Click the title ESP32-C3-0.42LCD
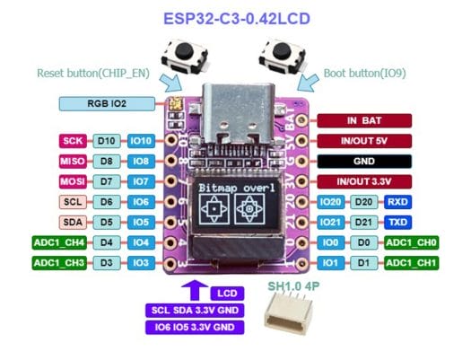coord(237,19)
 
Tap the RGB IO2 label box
coord(107,103)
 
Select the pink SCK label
coord(73,141)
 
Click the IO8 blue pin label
coord(141,161)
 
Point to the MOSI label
coord(73,181)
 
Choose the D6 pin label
coord(107,202)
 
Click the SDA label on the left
coord(73,223)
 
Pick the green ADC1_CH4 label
coord(59,242)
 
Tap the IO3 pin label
coord(141,263)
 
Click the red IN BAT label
coord(364,120)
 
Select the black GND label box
coord(364,162)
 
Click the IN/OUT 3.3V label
coord(364,181)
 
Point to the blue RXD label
coord(397,202)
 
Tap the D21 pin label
coord(363,223)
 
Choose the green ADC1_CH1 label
coord(411,263)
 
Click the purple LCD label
coord(227,294)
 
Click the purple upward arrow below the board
coord(195,290)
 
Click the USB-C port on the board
coord(239,113)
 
